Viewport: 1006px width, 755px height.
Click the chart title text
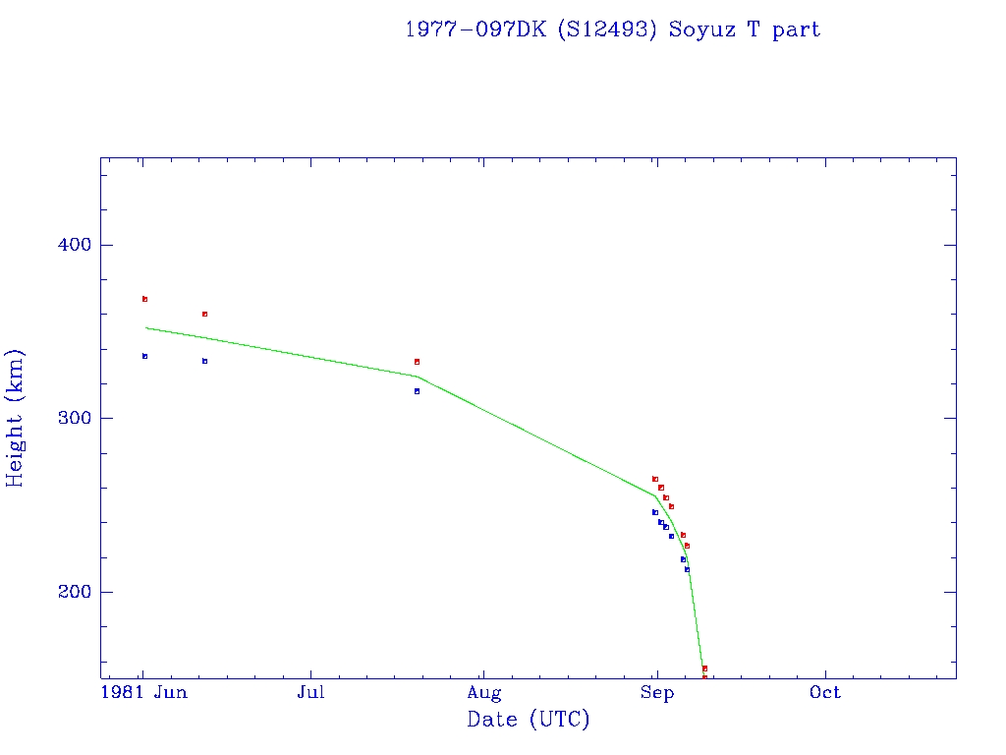[x=612, y=29]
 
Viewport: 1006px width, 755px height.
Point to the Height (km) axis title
[x=15, y=418]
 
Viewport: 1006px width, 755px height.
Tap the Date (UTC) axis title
[x=529, y=720]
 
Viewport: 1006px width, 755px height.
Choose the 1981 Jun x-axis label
[x=145, y=693]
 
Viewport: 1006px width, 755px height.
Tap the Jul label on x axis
[x=311, y=693]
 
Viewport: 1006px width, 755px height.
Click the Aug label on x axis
[x=483, y=693]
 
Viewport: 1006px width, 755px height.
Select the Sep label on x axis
[x=656, y=693]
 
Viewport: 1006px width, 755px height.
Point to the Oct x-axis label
[x=825, y=693]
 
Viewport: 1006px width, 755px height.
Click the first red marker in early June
[x=144, y=299]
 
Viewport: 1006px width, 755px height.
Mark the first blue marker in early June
[x=144, y=356]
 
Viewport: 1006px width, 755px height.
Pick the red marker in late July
[x=417, y=362]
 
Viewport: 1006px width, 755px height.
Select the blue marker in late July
[x=417, y=391]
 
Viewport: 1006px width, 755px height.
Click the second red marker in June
[x=204, y=314]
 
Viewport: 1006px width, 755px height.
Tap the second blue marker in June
[x=204, y=361]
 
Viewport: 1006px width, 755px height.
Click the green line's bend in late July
[x=417, y=377]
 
